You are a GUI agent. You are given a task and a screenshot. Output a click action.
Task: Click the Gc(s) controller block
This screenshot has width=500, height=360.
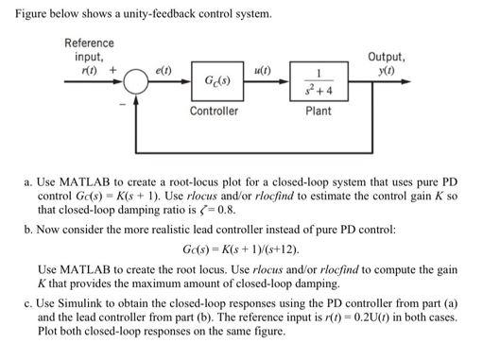[x=214, y=82]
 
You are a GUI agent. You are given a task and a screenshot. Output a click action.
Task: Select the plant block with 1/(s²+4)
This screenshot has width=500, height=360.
[x=319, y=82]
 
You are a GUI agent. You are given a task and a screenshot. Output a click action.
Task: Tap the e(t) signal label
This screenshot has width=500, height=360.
[x=162, y=70]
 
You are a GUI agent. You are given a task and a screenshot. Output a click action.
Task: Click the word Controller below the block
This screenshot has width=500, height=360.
[x=214, y=111]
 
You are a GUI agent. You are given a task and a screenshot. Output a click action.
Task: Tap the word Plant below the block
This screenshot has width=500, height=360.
[x=319, y=111]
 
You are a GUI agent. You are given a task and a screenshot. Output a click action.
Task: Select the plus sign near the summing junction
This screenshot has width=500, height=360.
[x=114, y=70]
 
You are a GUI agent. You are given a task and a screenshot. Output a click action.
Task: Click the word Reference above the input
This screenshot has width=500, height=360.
[x=89, y=43]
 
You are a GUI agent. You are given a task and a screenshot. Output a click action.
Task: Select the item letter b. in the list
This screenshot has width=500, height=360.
[x=28, y=229]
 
